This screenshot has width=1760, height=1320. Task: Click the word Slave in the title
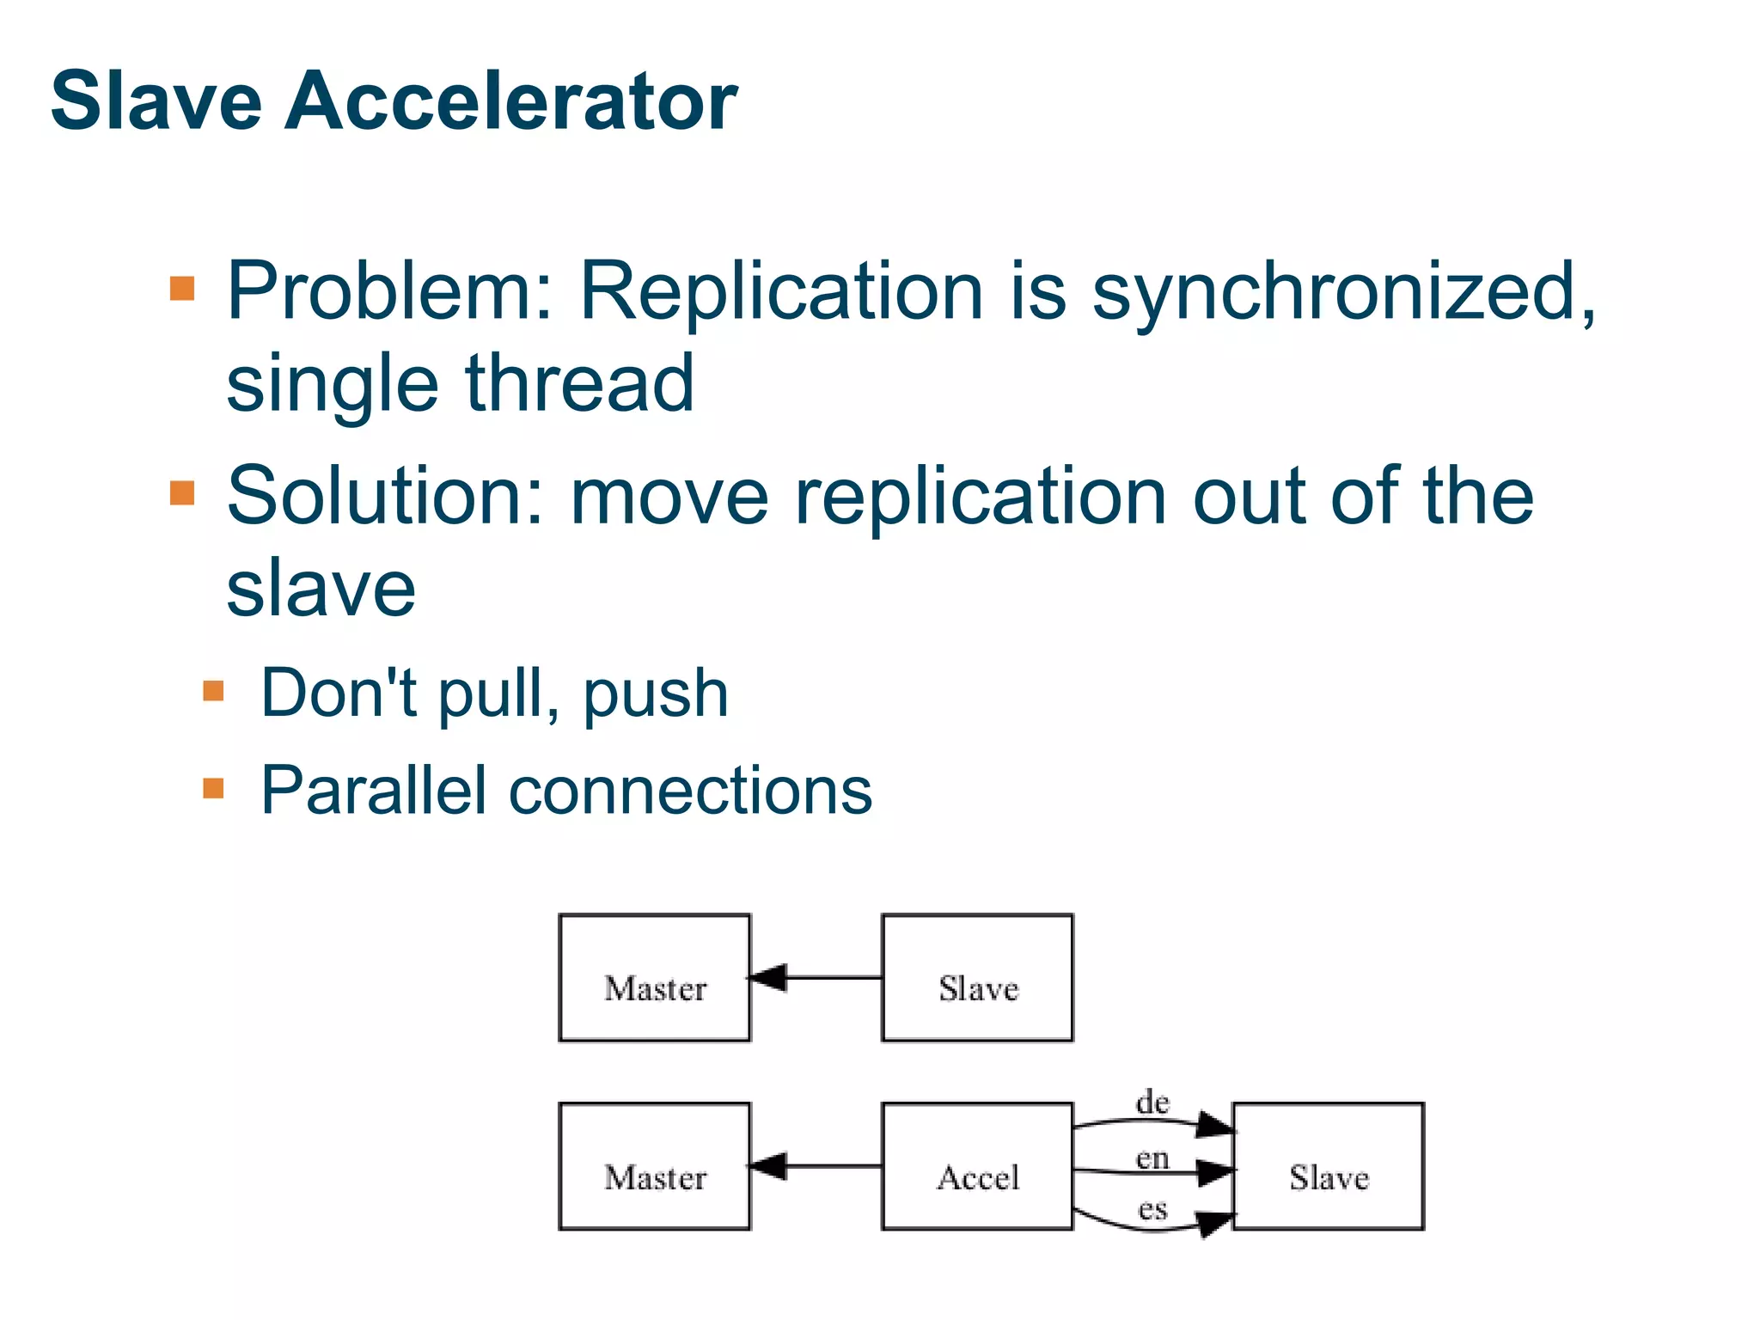coord(156,101)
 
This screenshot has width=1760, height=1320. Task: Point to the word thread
coord(579,383)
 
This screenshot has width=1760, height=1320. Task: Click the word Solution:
coord(386,496)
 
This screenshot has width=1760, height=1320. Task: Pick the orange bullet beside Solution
coord(182,493)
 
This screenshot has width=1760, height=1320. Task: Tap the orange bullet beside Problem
coord(182,288)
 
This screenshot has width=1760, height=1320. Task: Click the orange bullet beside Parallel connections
coord(213,788)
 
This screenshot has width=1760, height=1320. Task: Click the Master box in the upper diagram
coord(655,978)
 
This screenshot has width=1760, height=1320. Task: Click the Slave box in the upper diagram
coord(977,978)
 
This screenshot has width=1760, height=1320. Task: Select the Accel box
coord(977,1167)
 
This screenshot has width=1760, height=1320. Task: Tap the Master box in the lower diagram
coord(655,1167)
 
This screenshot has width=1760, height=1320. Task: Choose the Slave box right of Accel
coord(1328,1167)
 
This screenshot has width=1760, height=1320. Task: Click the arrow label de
coord(1152,1103)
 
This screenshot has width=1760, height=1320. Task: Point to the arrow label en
coord(1152,1158)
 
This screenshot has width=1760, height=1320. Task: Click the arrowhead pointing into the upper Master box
coord(767,978)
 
